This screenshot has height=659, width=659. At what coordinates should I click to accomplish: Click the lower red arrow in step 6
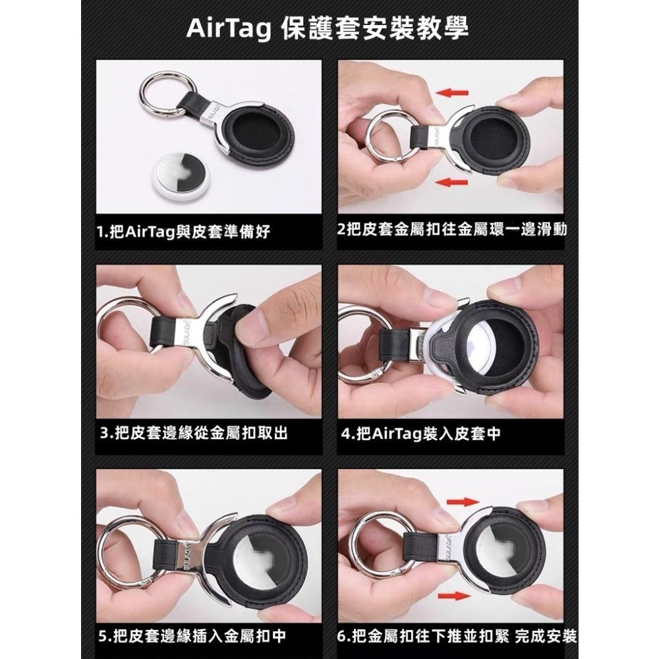click(463, 596)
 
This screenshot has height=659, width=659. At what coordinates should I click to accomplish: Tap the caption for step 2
click(451, 230)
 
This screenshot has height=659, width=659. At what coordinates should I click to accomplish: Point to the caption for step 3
click(194, 434)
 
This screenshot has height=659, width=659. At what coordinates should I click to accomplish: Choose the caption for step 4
click(422, 434)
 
